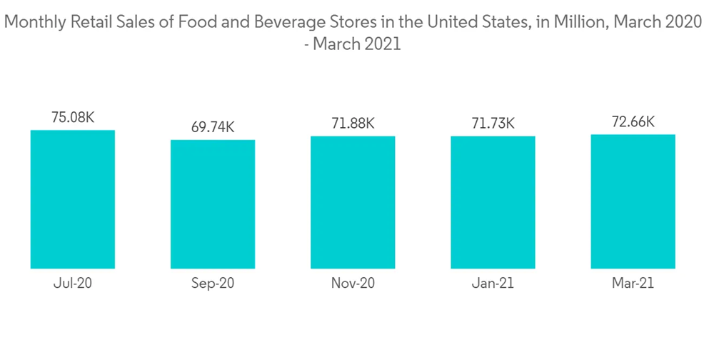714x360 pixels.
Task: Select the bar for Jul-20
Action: click(x=72, y=199)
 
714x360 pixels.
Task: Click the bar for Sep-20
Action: click(x=213, y=204)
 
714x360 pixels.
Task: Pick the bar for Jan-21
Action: click(x=493, y=202)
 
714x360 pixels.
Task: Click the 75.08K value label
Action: click(x=72, y=117)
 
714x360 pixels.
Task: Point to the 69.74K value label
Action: click(x=213, y=127)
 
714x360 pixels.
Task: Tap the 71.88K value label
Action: click(x=353, y=123)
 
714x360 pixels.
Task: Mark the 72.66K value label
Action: click(x=633, y=121)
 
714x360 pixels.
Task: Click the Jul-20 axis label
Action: click(x=72, y=283)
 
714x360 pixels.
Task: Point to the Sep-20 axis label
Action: click(x=213, y=283)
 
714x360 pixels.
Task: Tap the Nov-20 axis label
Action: click(x=353, y=283)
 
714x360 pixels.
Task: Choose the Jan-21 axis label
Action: click(x=493, y=283)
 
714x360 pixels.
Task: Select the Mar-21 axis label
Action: click(x=633, y=283)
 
